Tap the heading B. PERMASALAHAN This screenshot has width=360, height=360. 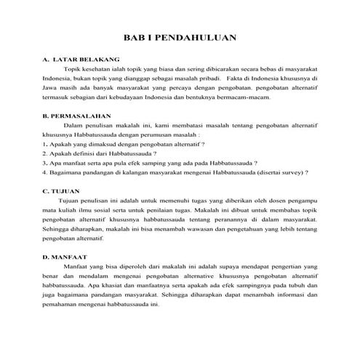click(76, 116)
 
